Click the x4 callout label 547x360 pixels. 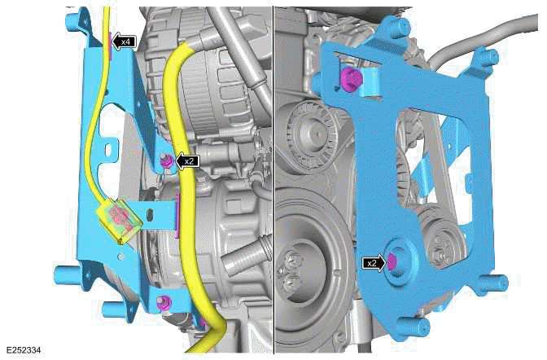coord(125,41)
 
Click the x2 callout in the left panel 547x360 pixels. coord(188,161)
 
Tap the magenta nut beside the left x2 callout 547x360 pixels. coord(168,161)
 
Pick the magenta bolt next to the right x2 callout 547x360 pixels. coord(392,262)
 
